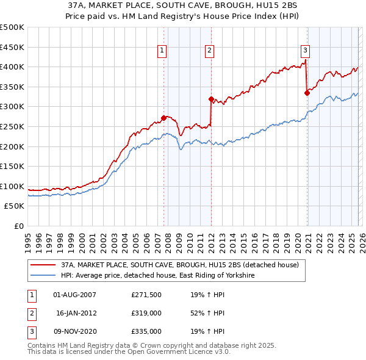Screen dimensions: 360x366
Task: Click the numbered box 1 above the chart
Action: [x=162, y=51]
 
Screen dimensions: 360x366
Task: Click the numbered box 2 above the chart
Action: [x=209, y=51]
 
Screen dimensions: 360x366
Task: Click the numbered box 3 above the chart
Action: [x=304, y=51]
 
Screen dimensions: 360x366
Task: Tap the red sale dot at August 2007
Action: [x=163, y=118]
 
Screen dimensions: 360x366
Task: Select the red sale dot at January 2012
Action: [x=210, y=99]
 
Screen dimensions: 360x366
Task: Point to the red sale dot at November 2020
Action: [x=307, y=93]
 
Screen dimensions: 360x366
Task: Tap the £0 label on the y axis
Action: [x=20, y=226]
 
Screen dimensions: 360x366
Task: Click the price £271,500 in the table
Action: [x=146, y=295]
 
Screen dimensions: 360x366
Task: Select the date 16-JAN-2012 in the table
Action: [x=76, y=313]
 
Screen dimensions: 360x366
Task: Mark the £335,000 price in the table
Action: [x=146, y=331]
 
